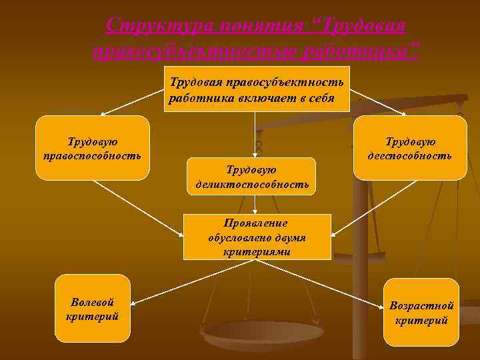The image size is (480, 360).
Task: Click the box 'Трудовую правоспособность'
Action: (92, 148)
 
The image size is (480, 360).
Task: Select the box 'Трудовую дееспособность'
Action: (409, 148)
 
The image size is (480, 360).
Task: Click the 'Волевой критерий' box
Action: (92, 308)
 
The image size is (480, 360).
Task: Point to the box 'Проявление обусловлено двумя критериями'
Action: (257, 237)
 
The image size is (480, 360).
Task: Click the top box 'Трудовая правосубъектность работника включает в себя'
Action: (257, 89)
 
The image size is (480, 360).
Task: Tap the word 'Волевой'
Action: (92, 302)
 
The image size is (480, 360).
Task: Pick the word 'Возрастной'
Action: (421, 306)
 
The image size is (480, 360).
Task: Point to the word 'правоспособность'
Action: (92, 155)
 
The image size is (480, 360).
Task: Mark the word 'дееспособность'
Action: (409, 155)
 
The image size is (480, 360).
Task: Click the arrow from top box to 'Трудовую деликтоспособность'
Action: (254, 133)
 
